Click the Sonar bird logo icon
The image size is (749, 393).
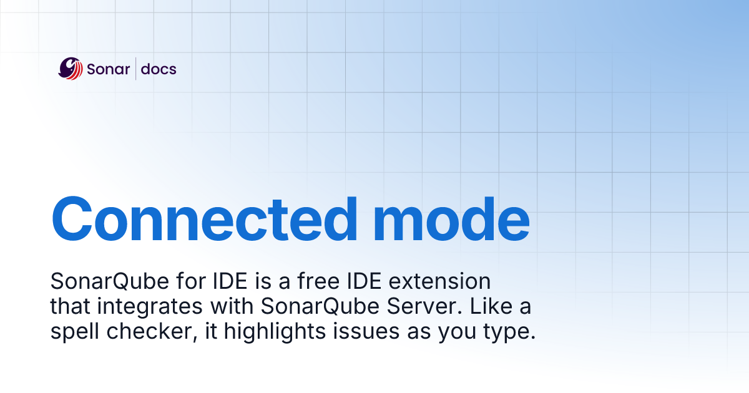click(71, 69)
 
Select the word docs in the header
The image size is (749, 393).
click(159, 69)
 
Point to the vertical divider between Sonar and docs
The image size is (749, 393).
click(135, 69)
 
